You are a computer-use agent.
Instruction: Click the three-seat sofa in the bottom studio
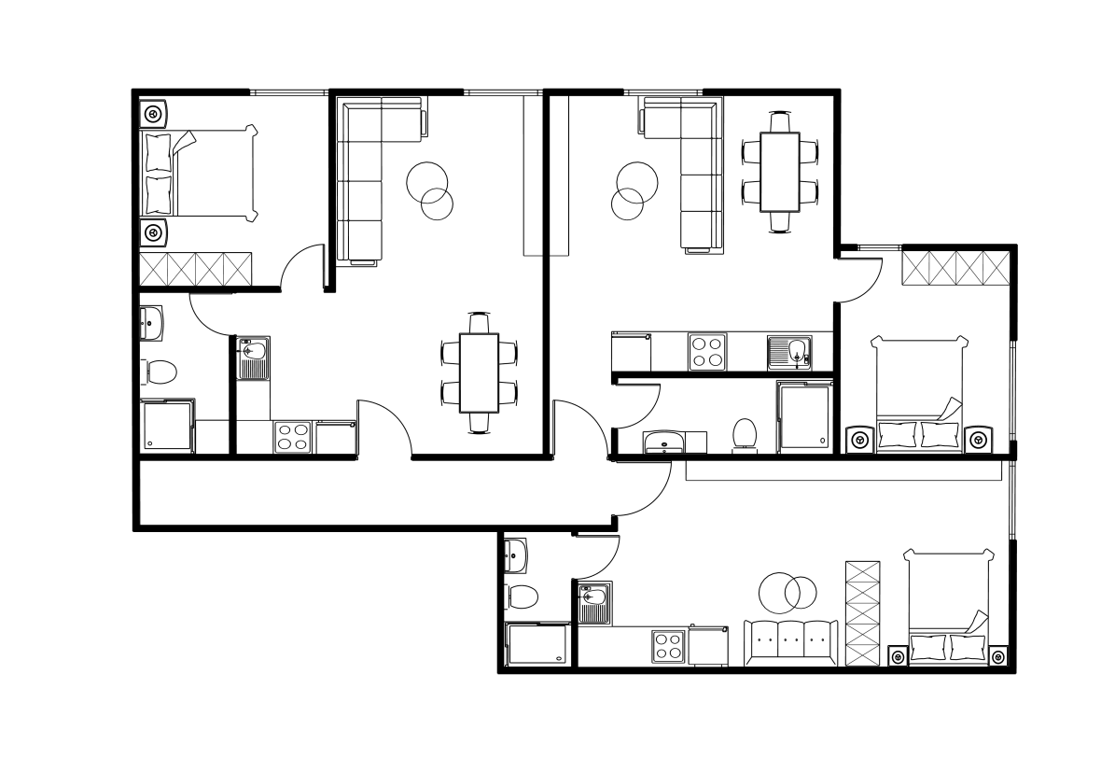point(790,642)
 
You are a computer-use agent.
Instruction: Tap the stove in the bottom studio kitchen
point(668,646)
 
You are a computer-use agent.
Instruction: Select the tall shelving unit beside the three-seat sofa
point(862,614)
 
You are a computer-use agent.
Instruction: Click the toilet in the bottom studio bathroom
point(523,596)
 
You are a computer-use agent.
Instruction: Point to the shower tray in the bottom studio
point(537,646)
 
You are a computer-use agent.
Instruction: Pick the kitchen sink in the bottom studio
point(593,603)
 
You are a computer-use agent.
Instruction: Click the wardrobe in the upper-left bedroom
point(196,269)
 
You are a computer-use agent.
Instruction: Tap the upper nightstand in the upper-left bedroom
point(154,114)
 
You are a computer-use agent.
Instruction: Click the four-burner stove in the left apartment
point(291,437)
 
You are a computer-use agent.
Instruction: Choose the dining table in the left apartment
point(479,372)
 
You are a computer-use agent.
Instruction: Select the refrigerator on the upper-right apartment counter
point(631,352)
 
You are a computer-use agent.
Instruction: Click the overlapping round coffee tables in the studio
point(787,590)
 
